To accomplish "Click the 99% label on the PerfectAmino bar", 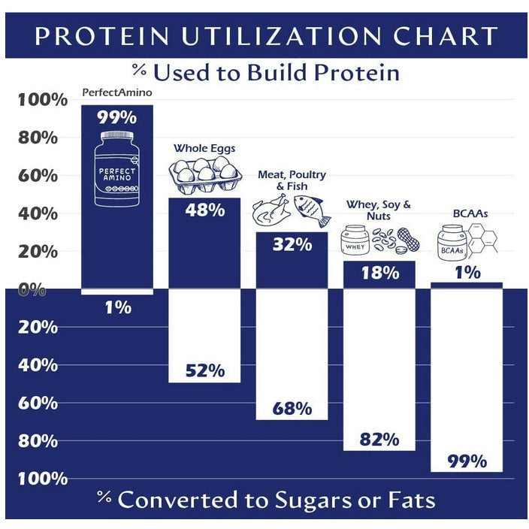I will point(117,117).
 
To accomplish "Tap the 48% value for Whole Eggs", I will point(205,210).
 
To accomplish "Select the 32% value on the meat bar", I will point(292,245).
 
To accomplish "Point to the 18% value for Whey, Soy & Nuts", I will point(379,273).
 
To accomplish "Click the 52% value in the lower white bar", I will point(205,370).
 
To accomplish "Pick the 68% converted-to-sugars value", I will point(292,409).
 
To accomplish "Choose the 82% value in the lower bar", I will point(379,440).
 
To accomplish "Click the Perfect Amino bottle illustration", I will point(117,171).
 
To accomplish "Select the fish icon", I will point(311,210).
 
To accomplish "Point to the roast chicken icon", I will point(269,211).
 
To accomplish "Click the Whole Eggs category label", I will point(205,148).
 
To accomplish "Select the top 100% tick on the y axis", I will point(38,100).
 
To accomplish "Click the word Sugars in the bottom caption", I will point(323,500).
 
